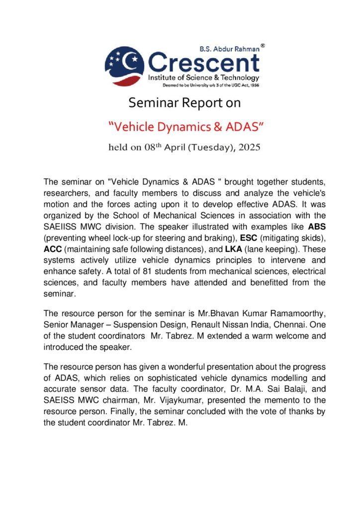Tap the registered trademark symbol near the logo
(263, 45)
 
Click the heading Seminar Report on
(184, 103)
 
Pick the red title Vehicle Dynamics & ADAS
(185, 127)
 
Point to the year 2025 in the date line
(247, 147)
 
